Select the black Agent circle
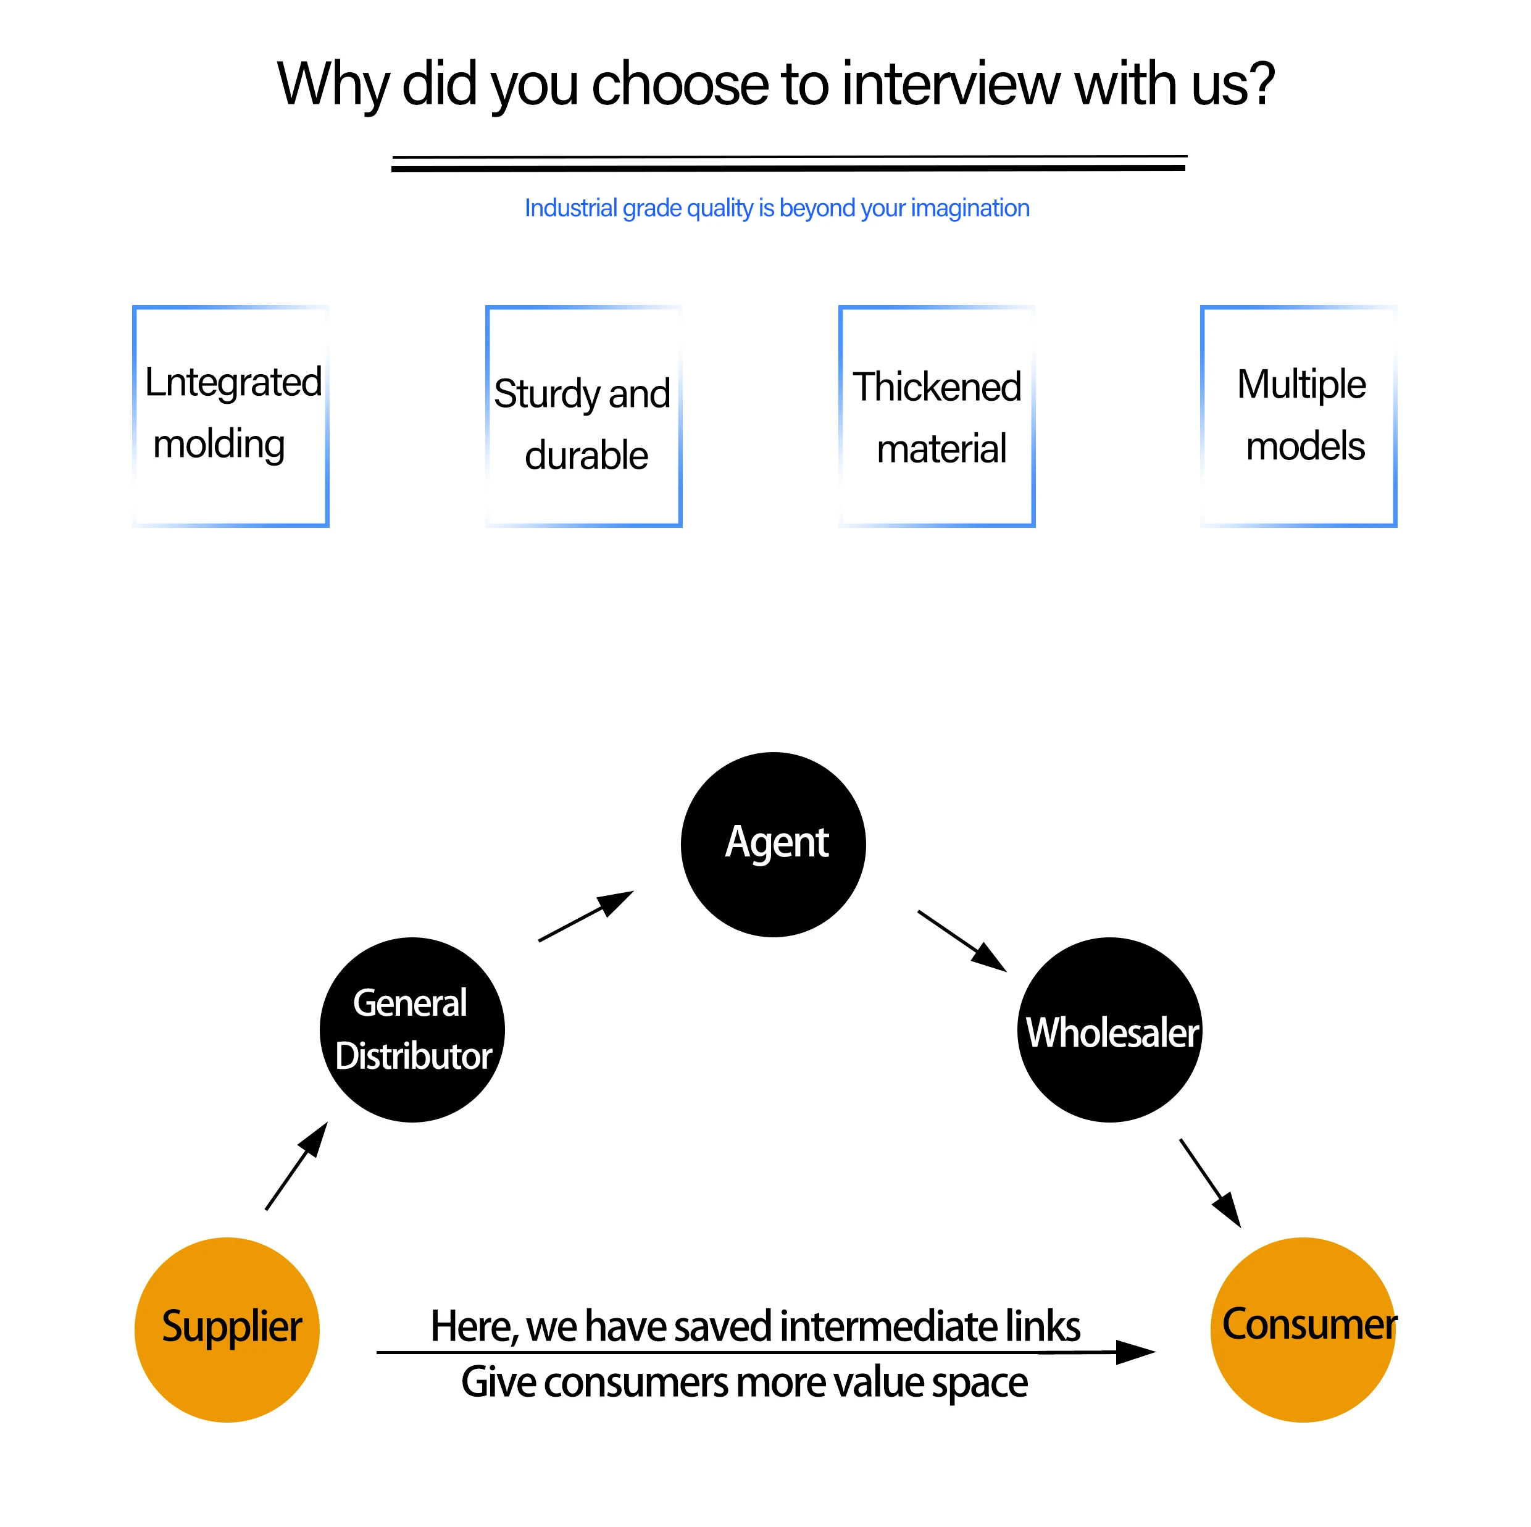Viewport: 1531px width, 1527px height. [x=774, y=845]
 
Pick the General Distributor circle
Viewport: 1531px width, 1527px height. [x=412, y=1030]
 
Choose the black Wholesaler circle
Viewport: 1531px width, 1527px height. [x=1110, y=1030]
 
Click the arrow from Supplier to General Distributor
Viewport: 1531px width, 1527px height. [x=296, y=1166]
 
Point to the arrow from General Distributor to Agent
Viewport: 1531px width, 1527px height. [x=586, y=916]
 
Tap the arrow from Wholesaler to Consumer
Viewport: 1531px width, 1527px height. [x=1211, y=1183]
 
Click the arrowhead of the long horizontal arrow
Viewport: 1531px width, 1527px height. [x=1135, y=1353]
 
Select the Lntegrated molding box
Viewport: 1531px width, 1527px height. [x=231, y=416]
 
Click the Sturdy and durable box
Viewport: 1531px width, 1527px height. [x=584, y=416]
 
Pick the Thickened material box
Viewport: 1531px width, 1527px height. [x=938, y=416]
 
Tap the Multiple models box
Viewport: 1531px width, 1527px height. [x=1299, y=416]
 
